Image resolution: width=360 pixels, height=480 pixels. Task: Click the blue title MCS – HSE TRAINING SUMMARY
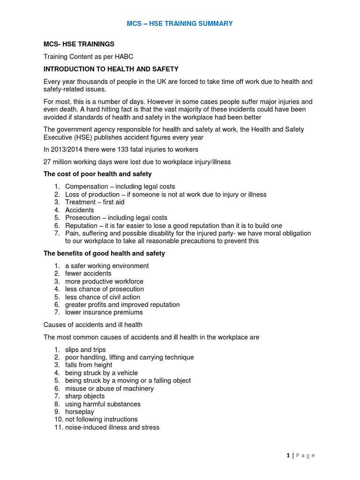tap(180, 23)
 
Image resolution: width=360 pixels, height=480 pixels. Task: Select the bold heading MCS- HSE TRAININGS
tap(79, 44)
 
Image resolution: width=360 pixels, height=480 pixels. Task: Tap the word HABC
tap(124, 57)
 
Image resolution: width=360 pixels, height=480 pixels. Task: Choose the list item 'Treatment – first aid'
tap(95, 202)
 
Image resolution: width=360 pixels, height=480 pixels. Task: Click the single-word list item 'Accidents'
tap(80, 210)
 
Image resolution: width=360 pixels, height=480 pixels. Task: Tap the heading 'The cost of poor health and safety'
tap(97, 174)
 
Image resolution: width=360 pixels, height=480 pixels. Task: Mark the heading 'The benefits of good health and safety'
tap(104, 254)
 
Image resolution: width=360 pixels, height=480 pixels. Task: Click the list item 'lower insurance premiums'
tap(104, 312)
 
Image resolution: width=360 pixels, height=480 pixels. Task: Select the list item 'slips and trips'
tap(85, 350)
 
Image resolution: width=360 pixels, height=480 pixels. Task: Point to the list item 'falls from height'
tap(89, 365)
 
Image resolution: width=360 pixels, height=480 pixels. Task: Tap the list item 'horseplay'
tap(80, 412)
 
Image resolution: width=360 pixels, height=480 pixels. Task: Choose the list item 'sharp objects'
tap(85, 396)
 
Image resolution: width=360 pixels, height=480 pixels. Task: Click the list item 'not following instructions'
tap(101, 420)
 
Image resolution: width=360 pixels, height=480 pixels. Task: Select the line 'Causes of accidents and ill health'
tap(93, 324)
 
